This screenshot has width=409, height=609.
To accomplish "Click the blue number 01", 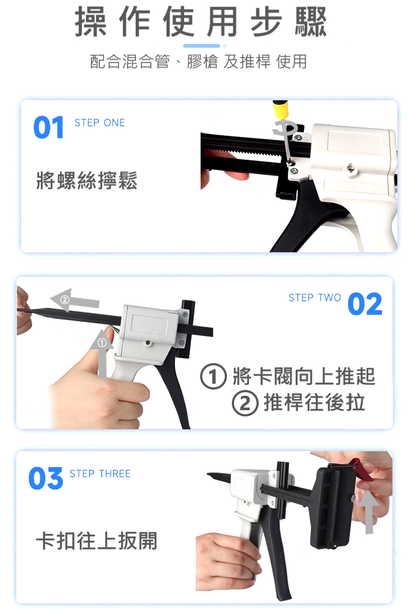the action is click(48, 127).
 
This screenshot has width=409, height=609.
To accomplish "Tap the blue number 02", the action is click(365, 304).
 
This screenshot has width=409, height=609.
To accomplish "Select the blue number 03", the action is click(45, 478).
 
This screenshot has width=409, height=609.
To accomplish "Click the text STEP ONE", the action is click(100, 123).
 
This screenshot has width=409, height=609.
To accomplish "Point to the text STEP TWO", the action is click(315, 298).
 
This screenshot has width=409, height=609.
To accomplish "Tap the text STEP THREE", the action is click(100, 474).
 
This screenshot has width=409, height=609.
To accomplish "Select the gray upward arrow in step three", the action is click(369, 512).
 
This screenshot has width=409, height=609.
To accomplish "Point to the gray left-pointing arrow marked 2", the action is click(75, 301).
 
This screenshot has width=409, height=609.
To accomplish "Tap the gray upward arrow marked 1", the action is click(102, 354).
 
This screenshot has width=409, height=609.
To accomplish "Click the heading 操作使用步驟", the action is click(201, 21).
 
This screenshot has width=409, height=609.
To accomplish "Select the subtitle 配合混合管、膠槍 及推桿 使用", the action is click(198, 61).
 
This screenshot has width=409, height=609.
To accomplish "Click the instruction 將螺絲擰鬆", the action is click(87, 180).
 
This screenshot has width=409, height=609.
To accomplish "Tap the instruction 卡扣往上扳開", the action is click(97, 541).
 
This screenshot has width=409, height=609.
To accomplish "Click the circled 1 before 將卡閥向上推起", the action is click(213, 376).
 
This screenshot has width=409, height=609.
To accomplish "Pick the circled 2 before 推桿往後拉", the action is click(245, 403).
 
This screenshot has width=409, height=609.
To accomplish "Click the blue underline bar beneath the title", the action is click(201, 46).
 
